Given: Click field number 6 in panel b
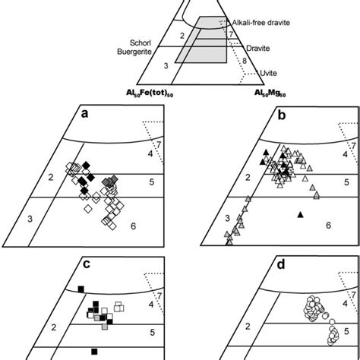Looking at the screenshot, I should (x=329, y=225).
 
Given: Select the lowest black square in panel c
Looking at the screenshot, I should (x=94, y=351).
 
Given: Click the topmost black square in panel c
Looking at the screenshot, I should (x=80, y=288).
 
